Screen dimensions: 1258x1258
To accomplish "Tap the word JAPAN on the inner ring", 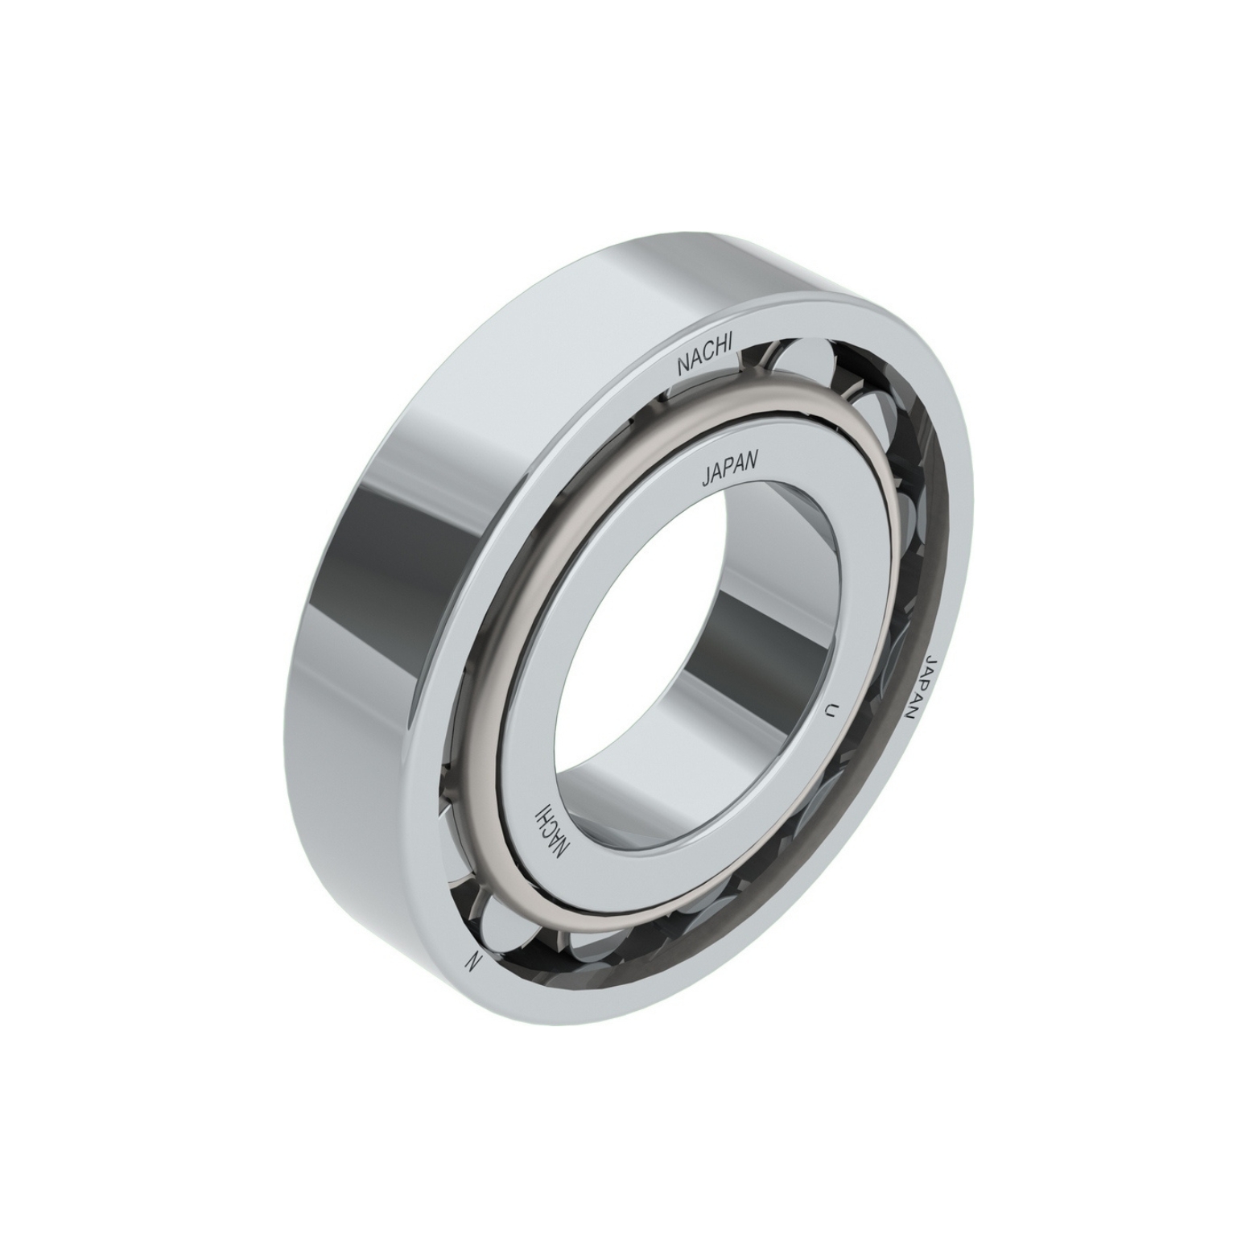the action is click(x=730, y=469).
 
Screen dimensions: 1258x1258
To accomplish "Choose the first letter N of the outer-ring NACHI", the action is click(x=683, y=368).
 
